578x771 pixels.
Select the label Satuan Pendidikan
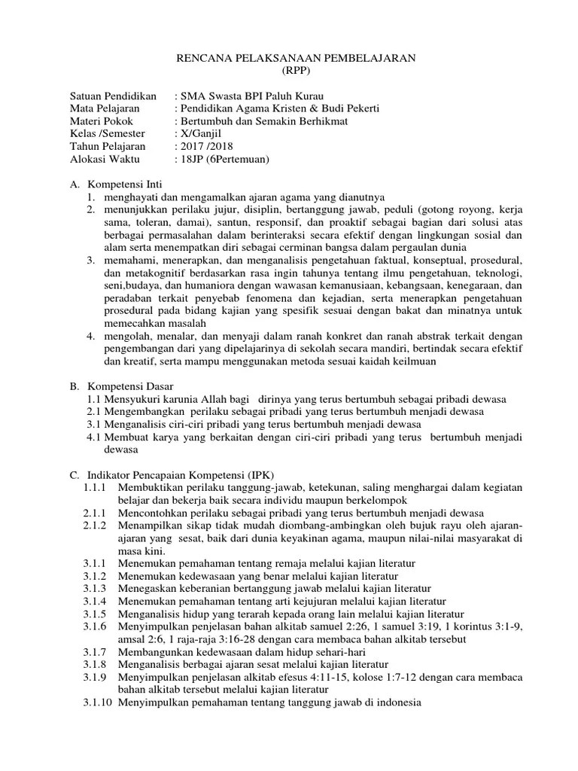pos(113,97)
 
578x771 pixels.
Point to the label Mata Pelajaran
pos(105,111)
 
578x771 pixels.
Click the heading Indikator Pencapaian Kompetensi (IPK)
pos(183,475)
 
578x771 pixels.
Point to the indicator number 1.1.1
pos(95,488)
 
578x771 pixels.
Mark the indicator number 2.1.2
pos(95,525)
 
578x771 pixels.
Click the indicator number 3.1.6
pos(95,627)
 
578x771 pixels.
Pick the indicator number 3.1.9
pos(95,678)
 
